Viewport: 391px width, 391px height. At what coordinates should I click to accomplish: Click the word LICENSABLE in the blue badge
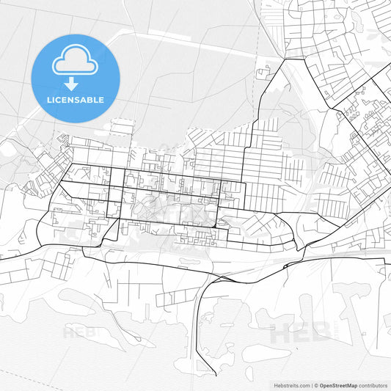[x=76, y=100]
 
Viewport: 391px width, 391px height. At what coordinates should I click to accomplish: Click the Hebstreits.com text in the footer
[x=287, y=385]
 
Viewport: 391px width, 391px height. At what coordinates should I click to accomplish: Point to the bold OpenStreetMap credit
[x=337, y=385]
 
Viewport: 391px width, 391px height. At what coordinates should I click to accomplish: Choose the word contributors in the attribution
[x=373, y=385]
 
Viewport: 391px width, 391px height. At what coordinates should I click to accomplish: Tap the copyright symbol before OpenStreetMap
[x=315, y=385]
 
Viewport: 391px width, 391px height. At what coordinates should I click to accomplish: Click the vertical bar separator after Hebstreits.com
[x=310, y=385]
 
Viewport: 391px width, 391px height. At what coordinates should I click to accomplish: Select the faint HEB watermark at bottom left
[x=76, y=332]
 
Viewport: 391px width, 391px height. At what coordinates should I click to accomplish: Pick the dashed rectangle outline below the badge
[x=121, y=129]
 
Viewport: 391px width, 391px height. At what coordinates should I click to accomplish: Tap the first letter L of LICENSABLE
[x=48, y=100]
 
